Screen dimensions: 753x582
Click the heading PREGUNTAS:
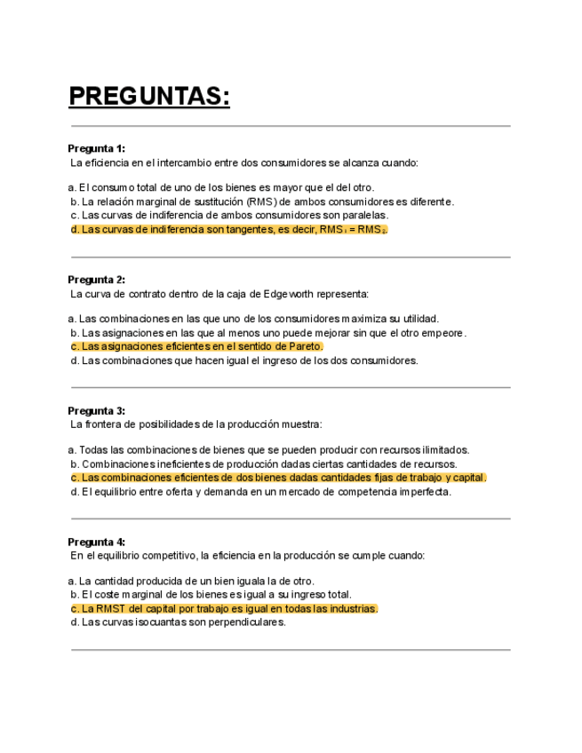(x=149, y=96)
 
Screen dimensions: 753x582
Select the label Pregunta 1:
(x=97, y=148)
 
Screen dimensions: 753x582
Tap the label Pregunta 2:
(x=97, y=280)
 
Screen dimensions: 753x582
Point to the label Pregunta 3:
(x=97, y=411)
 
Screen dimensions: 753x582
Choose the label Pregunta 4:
(x=97, y=542)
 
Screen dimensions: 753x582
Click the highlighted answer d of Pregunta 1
(x=228, y=229)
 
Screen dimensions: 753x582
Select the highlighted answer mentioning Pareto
(x=196, y=346)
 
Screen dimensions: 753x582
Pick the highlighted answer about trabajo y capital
(x=278, y=478)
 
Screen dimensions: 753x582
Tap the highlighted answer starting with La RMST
(x=224, y=609)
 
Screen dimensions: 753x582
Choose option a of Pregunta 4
(x=190, y=581)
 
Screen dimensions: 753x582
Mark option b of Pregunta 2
(x=267, y=333)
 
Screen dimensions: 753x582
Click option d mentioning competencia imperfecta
(x=260, y=492)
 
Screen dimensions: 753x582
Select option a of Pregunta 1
(x=220, y=187)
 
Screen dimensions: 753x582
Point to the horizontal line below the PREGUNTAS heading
(x=290, y=126)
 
